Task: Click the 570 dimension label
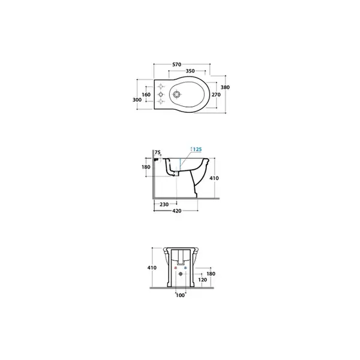[x=177, y=65]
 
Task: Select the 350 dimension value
[x=190, y=71]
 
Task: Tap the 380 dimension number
[x=225, y=87]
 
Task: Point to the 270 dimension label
[x=216, y=95]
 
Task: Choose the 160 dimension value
[x=146, y=95]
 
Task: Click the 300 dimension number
[x=137, y=100]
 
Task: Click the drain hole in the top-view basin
[x=176, y=94]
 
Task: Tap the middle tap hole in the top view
[x=161, y=94]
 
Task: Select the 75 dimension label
[x=157, y=152]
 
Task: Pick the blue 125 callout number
[x=197, y=149]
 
